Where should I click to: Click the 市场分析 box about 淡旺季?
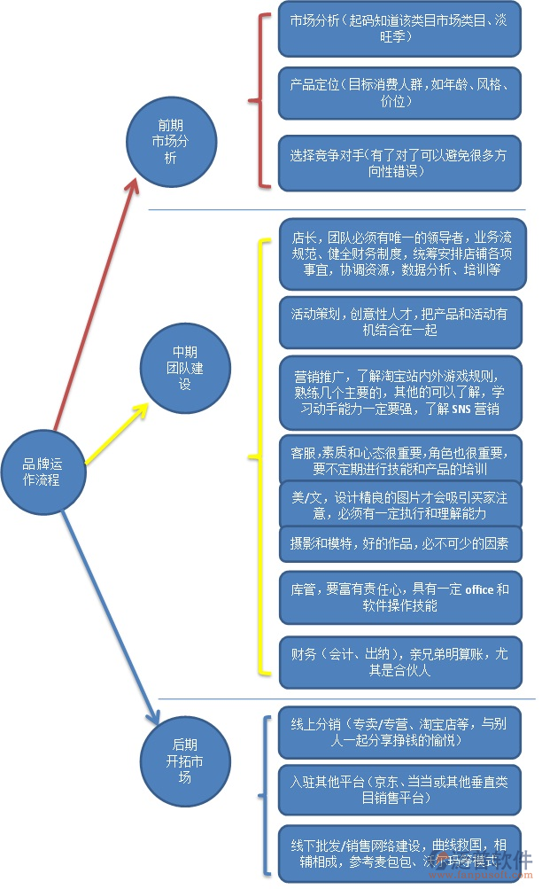point(399,35)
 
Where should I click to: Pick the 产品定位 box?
point(399,93)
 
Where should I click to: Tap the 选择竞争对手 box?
point(399,162)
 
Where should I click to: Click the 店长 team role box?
point(399,253)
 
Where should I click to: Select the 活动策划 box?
point(399,322)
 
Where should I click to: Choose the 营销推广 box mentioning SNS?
point(399,392)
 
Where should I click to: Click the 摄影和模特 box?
point(399,543)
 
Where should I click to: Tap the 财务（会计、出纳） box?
point(399,661)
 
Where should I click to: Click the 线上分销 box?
point(399,730)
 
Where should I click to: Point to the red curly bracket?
point(257,101)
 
